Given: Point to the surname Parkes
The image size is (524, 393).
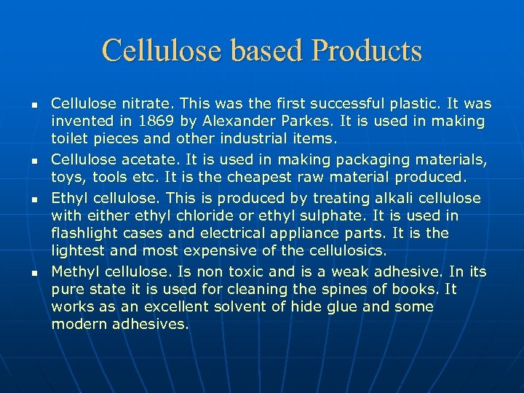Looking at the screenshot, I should coord(303,122).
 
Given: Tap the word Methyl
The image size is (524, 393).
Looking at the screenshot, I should coord(76,271).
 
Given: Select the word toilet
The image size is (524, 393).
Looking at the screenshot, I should coord(70,139).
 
